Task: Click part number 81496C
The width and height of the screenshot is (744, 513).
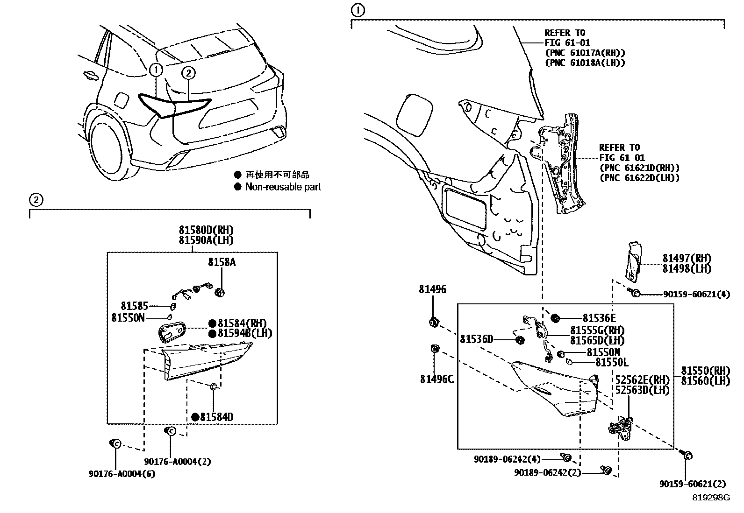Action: (436, 379)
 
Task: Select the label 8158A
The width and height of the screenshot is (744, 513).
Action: (222, 263)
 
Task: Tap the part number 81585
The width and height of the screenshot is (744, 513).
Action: (134, 306)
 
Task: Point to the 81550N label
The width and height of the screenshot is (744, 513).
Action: (128, 318)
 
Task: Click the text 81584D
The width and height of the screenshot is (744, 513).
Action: (216, 417)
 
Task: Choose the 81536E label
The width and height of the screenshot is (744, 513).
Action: (599, 318)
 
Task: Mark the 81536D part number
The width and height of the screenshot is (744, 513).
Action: (476, 339)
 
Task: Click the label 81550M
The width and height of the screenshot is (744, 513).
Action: (603, 352)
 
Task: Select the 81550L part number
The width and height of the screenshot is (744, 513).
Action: (611, 362)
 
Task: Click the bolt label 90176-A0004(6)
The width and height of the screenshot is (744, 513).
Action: (122, 474)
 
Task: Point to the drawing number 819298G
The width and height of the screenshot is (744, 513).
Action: (711, 498)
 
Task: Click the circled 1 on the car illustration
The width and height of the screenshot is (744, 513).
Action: (156, 70)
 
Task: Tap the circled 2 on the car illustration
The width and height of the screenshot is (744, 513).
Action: (188, 73)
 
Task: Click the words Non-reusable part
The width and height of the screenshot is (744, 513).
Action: (283, 187)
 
